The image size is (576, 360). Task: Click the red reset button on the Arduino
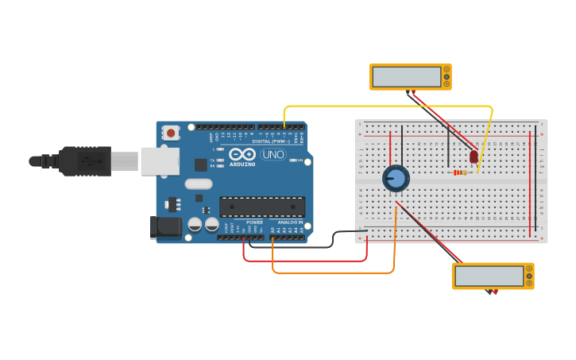point(170,134)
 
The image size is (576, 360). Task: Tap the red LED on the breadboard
point(474,157)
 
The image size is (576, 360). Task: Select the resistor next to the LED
point(460,172)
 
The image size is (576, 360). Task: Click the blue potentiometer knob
point(396,179)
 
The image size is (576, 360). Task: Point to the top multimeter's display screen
point(406,76)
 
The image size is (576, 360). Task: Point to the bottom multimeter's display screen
point(489,276)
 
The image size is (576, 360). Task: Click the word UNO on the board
point(273,154)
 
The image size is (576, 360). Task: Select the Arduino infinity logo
point(242,153)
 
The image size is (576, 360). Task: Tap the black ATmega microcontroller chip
point(261,207)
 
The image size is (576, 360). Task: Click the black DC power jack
point(166,227)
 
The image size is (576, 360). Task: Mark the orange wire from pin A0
point(334,273)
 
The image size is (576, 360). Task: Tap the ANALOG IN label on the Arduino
point(290,223)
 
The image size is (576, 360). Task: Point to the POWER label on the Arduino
point(254,223)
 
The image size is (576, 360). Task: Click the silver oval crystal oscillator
point(199,184)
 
